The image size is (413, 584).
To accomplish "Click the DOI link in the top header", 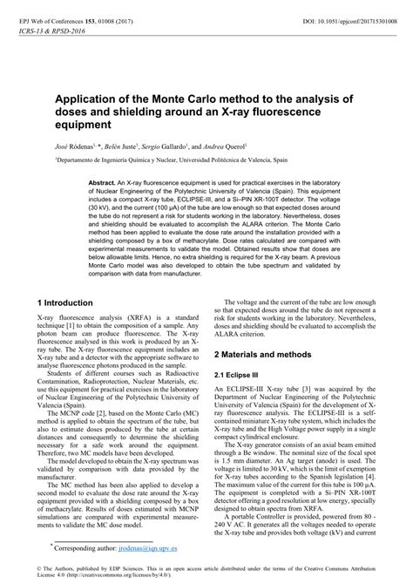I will click(349, 9).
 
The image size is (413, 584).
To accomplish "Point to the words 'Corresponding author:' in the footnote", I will click(80, 549).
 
